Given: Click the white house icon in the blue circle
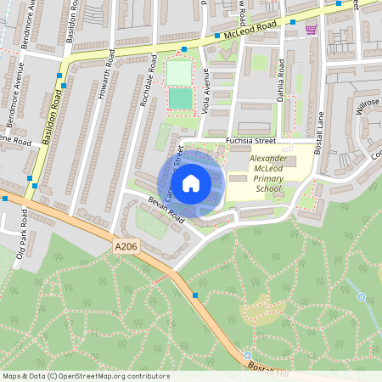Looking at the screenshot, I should coord(191,183).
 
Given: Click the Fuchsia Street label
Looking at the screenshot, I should coord(250,140).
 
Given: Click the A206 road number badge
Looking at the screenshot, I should coord(125,247).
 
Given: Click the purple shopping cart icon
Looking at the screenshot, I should coord(312,30).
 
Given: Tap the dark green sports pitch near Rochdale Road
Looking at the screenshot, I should coord(180,99).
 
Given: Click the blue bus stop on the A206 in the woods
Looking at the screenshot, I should coord(195,295).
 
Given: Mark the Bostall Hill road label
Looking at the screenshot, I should coord(269,367).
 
